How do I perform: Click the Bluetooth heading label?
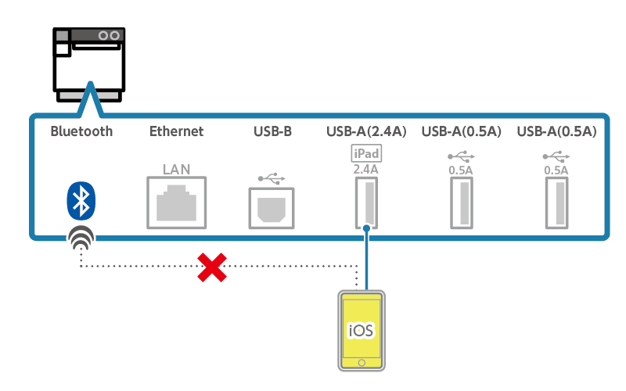click(81, 131)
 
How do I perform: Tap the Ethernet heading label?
click(176, 131)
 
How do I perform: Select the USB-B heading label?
click(272, 131)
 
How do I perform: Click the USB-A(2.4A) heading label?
click(366, 131)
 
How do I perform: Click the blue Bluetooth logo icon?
click(80, 201)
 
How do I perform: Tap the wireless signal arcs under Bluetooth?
click(80, 238)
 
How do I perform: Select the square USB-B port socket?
click(272, 206)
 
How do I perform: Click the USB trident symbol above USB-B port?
click(272, 178)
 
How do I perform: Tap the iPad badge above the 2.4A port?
click(365, 154)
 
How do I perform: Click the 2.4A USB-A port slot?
click(365, 203)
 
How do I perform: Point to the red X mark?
click(211, 267)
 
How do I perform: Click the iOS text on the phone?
click(361, 329)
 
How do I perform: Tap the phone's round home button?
click(361, 363)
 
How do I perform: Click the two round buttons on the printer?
click(109, 35)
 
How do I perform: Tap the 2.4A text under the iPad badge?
click(365, 168)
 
